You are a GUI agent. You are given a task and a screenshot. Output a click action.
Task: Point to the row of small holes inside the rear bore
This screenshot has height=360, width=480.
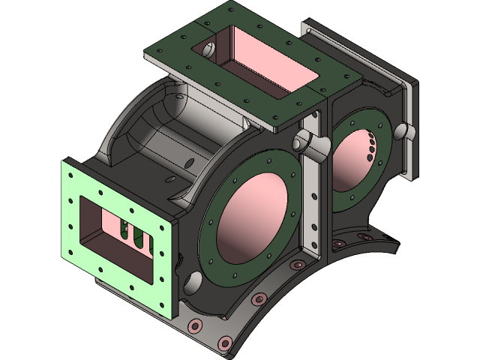[370, 146]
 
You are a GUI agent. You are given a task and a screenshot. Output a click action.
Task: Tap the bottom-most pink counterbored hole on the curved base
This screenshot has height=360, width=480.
[223, 343]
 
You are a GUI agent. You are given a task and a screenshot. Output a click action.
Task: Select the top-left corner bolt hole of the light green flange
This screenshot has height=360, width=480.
[69, 174]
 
